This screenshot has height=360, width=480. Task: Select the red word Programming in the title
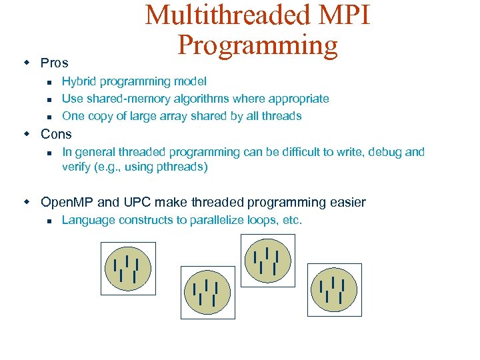click(x=258, y=45)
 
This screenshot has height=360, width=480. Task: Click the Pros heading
click(x=55, y=63)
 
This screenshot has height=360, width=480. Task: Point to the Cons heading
click(x=56, y=134)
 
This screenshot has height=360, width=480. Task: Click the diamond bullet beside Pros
click(x=27, y=63)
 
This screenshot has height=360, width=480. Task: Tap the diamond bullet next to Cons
click(x=27, y=133)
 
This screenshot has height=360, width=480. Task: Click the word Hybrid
click(x=79, y=81)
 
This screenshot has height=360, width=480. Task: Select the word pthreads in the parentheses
click(x=182, y=167)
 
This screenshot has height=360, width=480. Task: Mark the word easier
click(x=346, y=202)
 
